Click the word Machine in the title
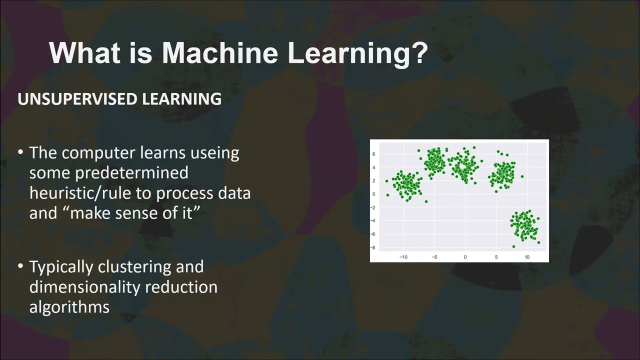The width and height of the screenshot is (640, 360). (x=219, y=53)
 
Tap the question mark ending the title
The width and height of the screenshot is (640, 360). (x=417, y=52)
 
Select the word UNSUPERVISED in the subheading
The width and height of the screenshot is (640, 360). (x=77, y=99)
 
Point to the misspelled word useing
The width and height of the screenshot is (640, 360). (x=214, y=153)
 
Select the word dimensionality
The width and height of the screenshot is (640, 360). (x=85, y=287)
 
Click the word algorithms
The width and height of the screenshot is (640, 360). (x=69, y=307)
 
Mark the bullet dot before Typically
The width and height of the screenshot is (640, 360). (x=20, y=266)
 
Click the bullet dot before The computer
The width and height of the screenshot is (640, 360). (x=20, y=152)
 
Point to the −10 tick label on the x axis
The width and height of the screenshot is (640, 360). (x=403, y=257)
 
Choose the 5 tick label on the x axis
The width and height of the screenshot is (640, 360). (x=496, y=257)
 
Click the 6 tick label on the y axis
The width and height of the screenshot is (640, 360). (x=373, y=154)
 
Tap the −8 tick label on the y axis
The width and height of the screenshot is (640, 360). (x=373, y=247)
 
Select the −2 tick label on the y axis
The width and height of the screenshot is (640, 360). (x=373, y=207)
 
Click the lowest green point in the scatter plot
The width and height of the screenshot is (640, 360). (x=513, y=246)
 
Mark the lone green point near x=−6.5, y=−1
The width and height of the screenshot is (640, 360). (x=426, y=201)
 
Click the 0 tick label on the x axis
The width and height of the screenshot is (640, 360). (x=465, y=257)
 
